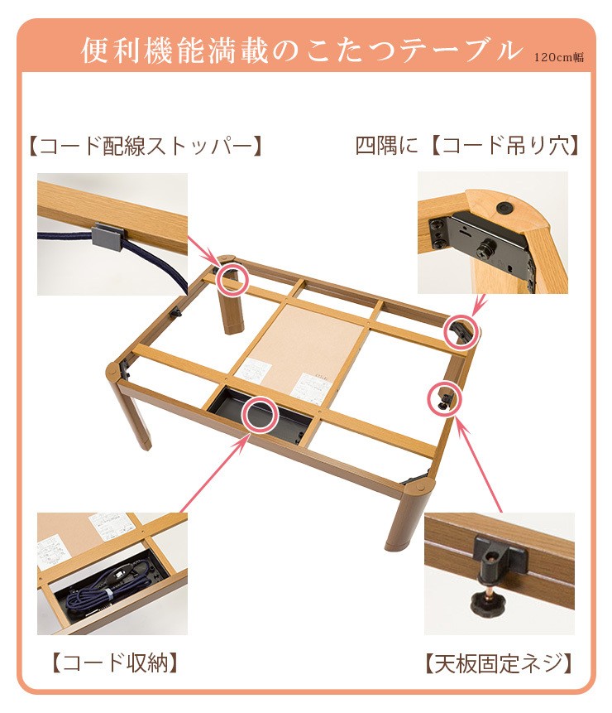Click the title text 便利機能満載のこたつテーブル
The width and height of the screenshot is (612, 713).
tap(302, 50)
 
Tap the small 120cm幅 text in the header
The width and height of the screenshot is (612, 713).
tap(559, 57)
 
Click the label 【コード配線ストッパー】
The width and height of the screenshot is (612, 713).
tap(146, 147)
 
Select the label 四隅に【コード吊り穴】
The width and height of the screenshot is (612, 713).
tap(466, 146)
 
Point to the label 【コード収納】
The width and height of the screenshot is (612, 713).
tap(115, 663)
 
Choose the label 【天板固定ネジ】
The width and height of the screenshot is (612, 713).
tap(499, 663)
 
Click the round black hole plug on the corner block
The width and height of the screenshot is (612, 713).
tap(504, 208)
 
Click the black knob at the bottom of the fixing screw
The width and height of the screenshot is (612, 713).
tap(485, 604)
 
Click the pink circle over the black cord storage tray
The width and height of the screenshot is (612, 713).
tap(259, 414)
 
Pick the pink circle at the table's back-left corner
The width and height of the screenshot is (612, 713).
tap(232, 278)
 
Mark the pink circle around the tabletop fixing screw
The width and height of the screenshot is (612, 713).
tap(444, 399)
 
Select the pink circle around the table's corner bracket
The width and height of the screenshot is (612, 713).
tap(461, 332)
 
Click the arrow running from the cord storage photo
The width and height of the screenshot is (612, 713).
tap(214, 473)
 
